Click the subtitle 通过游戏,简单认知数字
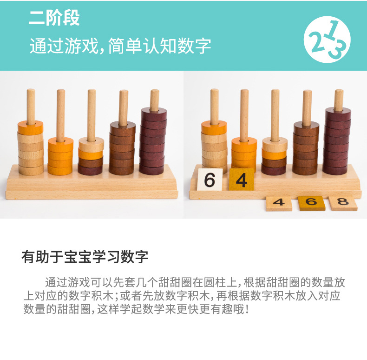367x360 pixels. [120, 46]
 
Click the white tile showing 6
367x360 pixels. [210, 180]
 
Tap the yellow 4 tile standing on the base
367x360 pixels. [241, 180]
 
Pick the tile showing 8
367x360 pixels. [343, 202]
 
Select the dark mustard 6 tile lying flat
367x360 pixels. [311, 203]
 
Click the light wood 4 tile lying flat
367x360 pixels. [279, 203]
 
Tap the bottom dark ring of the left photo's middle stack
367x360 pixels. [90, 170]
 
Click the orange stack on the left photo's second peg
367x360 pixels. [60, 156]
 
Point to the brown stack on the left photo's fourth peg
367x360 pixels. [123, 148]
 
